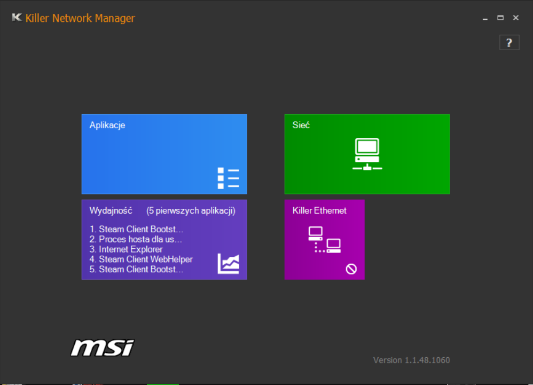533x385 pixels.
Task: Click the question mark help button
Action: (x=509, y=43)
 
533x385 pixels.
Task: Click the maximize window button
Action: (x=500, y=18)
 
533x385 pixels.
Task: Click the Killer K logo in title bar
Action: (x=17, y=17)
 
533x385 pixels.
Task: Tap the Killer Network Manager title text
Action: (x=80, y=18)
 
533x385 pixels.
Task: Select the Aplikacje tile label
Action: (x=107, y=125)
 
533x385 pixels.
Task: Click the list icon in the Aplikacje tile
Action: (x=229, y=178)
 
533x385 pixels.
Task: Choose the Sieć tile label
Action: (x=301, y=125)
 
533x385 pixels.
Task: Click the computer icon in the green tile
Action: (x=367, y=154)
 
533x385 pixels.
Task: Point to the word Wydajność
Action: (x=111, y=211)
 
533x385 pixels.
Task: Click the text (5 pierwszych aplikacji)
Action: (x=191, y=211)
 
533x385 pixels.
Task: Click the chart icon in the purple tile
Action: (x=229, y=263)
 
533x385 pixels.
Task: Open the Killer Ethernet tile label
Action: (x=319, y=211)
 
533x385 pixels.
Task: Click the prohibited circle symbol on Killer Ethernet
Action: (x=351, y=269)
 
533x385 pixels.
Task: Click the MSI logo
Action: (x=103, y=348)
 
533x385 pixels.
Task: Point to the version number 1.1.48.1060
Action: (x=427, y=360)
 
